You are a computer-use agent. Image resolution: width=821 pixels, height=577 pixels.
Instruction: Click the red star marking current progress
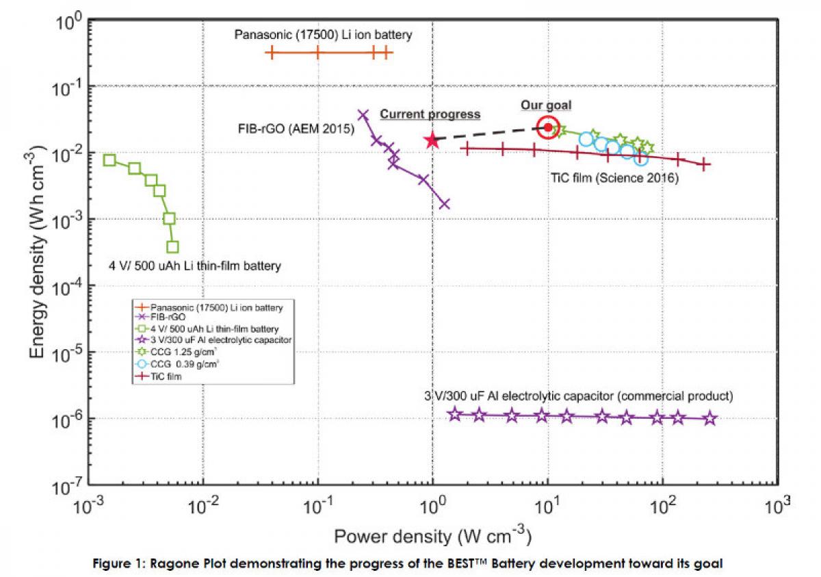tap(432, 140)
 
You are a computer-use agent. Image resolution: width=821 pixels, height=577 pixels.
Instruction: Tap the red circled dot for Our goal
tap(548, 127)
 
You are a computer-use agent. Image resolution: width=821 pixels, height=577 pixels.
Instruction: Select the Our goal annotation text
tap(546, 105)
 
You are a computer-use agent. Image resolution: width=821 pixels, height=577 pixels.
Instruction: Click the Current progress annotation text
tap(430, 114)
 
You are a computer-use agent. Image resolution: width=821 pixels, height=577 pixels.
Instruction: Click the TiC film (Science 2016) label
tap(614, 178)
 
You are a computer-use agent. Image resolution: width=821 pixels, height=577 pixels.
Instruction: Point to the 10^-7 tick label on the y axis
tap(70, 487)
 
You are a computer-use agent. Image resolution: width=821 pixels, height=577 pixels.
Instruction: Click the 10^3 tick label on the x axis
tap(778, 508)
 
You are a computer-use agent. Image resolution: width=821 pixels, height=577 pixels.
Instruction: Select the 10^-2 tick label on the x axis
tap(203, 508)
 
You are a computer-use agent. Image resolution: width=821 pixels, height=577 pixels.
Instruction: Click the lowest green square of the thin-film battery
tap(172, 246)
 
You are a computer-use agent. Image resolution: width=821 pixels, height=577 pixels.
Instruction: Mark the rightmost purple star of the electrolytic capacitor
tap(710, 418)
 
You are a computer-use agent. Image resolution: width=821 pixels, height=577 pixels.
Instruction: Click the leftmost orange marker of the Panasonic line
tap(272, 52)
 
